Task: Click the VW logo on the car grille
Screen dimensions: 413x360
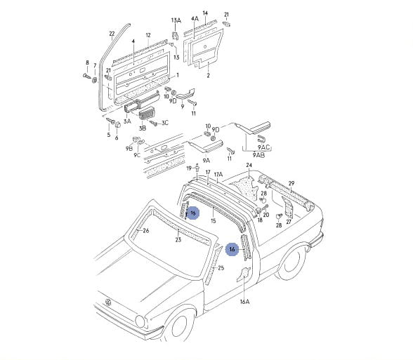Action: coord(108,302)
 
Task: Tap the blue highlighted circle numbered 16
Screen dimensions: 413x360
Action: coord(232,249)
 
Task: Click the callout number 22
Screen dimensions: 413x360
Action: coord(112,34)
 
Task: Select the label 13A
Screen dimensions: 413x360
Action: coord(176,20)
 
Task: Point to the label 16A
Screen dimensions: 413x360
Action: coord(244,302)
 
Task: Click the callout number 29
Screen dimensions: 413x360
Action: coord(291,183)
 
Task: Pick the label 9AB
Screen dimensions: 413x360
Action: coord(258,155)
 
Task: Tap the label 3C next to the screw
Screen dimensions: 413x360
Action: coord(165,123)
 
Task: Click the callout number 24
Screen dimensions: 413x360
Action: coord(249,165)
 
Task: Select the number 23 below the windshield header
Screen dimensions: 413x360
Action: coord(178,239)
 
